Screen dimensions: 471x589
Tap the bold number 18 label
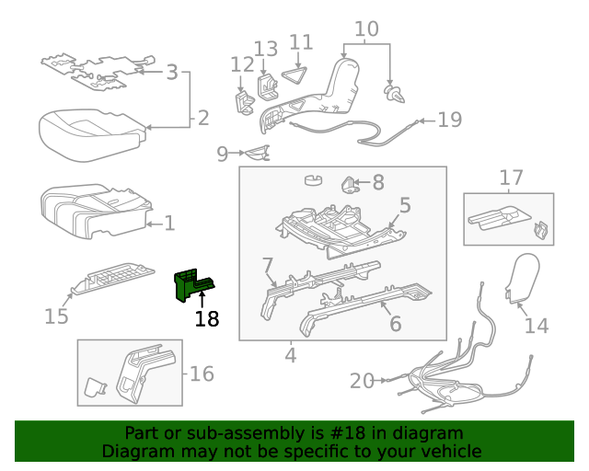pyautogui.click(x=207, y=319)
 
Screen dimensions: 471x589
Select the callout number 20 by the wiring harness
pyautogui.click(x=362, y=380)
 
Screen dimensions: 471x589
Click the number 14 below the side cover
pyautogui.click(x=536, y=325)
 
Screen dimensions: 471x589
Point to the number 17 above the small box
pyautogui.click(x=511, y=178)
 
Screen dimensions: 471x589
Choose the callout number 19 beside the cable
pyautogui.click(x=449, y=120)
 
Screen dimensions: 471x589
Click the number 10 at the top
pyautogui.click(x=366, y=29)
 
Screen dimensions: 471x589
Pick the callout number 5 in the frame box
pyautogui.click(x=405, y=206)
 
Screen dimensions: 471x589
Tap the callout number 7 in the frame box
pyautogui.click(x=268, y=267)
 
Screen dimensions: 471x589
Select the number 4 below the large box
pyautogui.click(x=291, y=354)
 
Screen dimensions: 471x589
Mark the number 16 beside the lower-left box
pyautogui.click(x=201, y=373)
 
